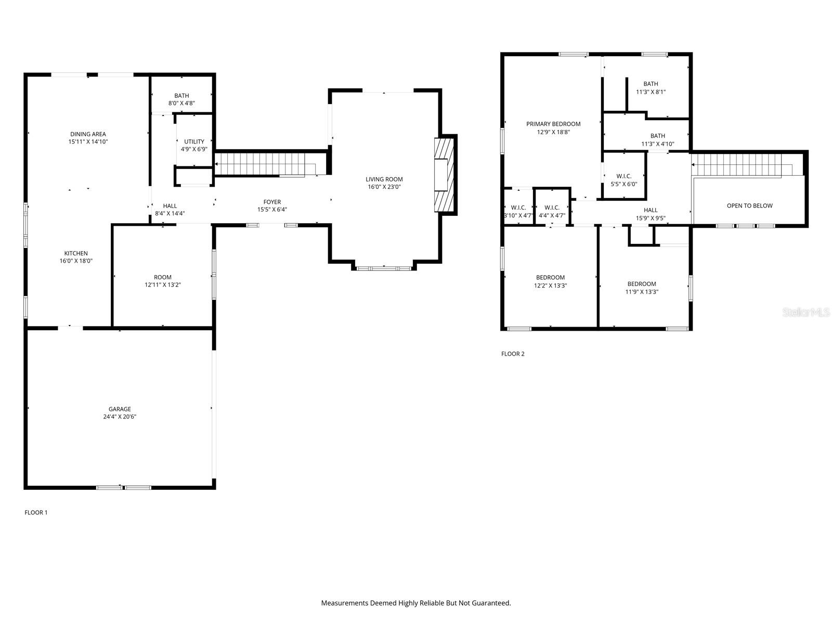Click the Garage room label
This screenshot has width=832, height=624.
120,409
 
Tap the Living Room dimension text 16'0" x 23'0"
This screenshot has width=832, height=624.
384,187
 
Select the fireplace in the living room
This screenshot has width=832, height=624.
445,175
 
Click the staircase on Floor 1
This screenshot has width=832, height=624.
265,164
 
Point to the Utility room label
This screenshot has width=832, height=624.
194,141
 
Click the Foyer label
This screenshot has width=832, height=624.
272,202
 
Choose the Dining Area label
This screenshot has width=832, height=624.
88,134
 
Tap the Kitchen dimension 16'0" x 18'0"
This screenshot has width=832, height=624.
76,262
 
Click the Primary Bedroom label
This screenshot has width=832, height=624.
553,124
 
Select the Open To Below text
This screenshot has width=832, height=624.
749,206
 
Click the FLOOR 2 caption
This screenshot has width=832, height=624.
513,354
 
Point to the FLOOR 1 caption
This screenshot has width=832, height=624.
36,513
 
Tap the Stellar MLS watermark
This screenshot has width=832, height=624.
806,313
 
